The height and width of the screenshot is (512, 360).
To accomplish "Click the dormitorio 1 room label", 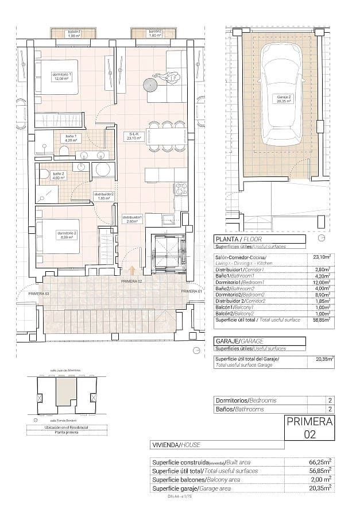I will [61, 77].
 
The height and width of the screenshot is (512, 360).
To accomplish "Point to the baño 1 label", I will [69, 138].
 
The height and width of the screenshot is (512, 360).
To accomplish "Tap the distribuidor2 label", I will [104, 196].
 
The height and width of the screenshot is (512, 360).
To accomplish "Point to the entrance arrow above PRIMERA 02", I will [133, 270].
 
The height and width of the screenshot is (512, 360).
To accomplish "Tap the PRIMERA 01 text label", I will [192, 291].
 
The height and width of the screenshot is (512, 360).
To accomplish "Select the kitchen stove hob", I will [181, 189].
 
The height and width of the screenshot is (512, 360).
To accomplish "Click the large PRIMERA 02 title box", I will [309, 429].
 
